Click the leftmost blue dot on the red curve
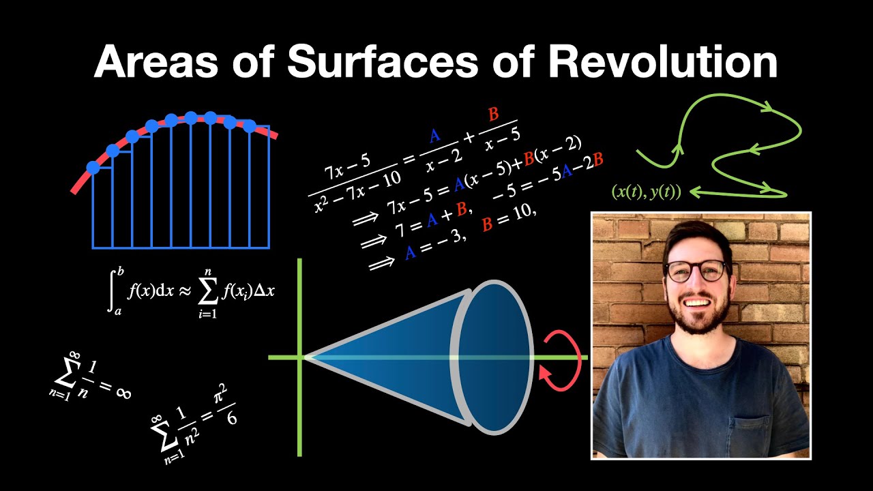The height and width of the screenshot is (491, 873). (93, 167)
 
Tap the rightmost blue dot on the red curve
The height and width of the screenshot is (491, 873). (250, 126)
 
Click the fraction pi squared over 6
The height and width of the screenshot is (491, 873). (229, 405)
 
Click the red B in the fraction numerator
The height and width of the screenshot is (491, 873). (493, 114)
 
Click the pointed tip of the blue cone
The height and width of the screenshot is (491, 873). (306, 357)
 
